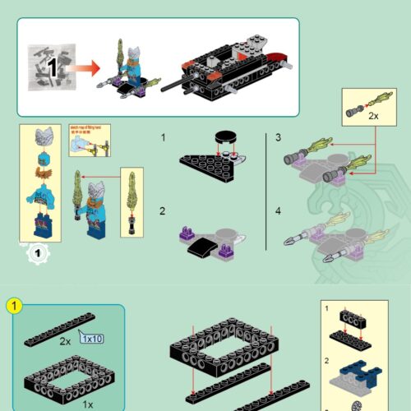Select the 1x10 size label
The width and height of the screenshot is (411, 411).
coord(92,336)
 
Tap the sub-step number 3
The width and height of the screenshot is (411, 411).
coord(278,137)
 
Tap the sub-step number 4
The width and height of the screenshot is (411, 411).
coord(278,211)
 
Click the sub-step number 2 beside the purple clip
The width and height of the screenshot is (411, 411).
coord(163,211)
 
